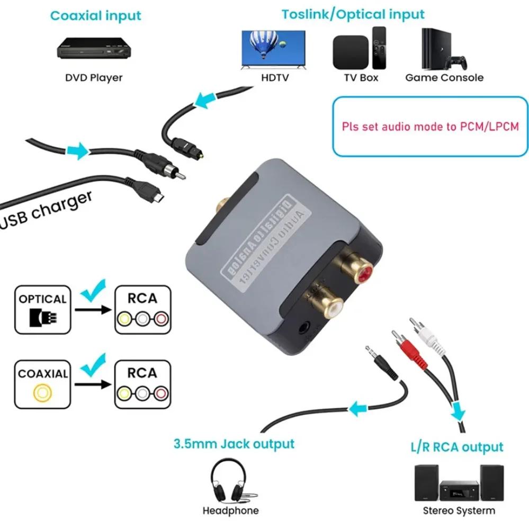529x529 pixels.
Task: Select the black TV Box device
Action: pyautogui.click(x=349, y=51)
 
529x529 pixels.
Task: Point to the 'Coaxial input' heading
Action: pyautogui.click(x=96, y=15)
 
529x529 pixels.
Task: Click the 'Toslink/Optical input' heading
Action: pyautogui.click(x=353, y=14)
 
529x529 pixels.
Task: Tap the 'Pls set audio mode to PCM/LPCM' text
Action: pyautogui.click(x=430, y=127)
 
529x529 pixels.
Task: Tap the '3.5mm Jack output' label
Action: pyautogui.click(x=234, y=443)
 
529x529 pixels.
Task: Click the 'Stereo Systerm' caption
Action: pyautogui.click(x=459, y=510)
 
